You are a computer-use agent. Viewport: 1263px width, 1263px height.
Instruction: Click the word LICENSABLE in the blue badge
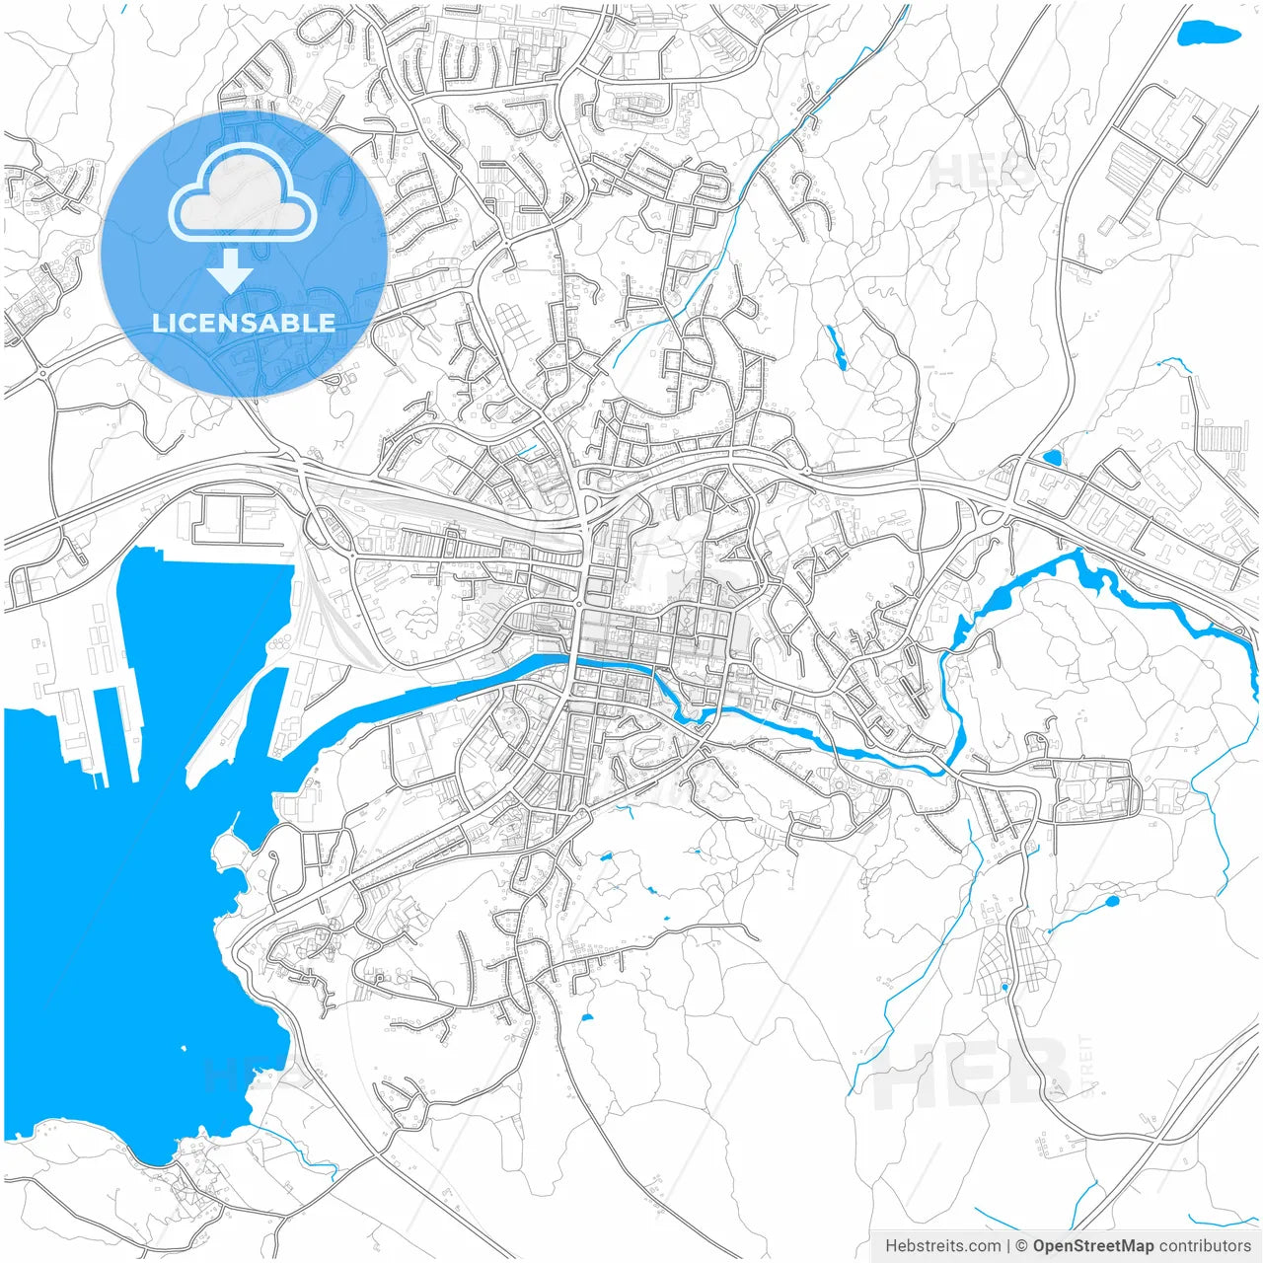click(x=244, y=323)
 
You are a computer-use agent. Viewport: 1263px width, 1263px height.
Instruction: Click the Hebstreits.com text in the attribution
click(x=942, y=1246)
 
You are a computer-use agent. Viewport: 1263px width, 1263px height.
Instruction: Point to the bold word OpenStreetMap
click(x=1093, y=1246)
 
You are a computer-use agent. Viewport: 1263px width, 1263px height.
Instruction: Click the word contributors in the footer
click(x=1205, y=1246)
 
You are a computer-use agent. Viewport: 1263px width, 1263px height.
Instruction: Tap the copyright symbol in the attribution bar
click(x=1022, y=1246)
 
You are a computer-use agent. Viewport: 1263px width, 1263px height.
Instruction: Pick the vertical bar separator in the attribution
click(x=1007, y=1246)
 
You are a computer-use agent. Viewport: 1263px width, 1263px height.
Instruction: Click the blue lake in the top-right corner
click(x=1209, y=34)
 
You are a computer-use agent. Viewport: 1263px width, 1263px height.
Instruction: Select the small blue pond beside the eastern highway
click(x=1052, y=458)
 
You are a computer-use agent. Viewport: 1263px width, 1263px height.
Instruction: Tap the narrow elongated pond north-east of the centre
click(x=837, y=347)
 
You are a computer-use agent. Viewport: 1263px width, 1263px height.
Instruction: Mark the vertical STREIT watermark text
click(x=1086, y=1066)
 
